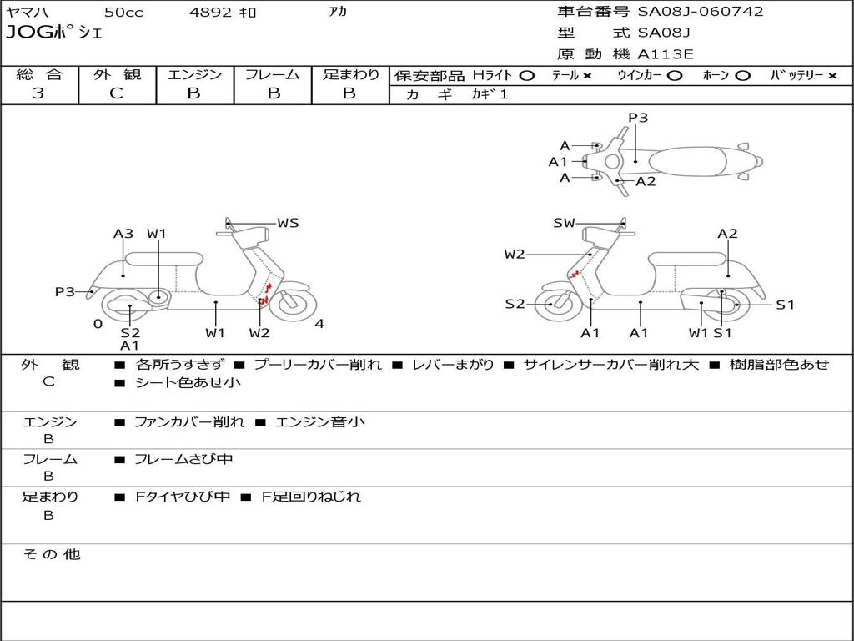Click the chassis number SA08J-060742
click(701, 12)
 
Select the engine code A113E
click(666, 54)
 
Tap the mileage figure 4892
click(210, 12)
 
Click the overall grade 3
click(38, 93)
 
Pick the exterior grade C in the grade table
click(116, 93)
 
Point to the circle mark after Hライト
click(527, 76)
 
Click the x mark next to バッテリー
click(832, 76)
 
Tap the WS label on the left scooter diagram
click(288, 223)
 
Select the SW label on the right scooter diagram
click(564, 223)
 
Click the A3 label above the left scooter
click(123, 234)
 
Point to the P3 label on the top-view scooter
click(638, 118)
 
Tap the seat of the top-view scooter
click(688, 162)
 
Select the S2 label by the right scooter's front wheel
click(515, 304)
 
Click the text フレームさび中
click(183, 460)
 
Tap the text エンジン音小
click(320, 421)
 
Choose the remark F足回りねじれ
click(311, 497)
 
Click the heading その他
click(51, 554)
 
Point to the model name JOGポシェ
click(54, 33)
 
